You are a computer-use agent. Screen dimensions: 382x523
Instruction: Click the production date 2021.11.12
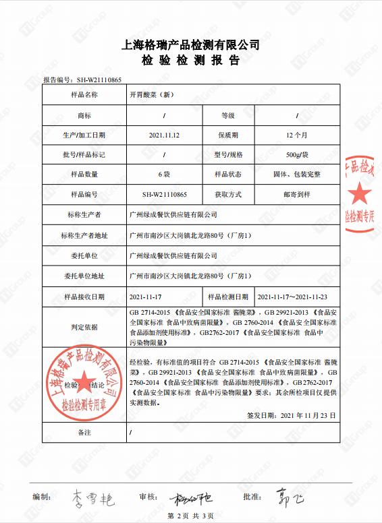point(164,135)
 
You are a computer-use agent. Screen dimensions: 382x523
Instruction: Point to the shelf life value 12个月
point(297,135)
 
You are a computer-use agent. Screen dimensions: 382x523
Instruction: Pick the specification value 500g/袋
point(297,154)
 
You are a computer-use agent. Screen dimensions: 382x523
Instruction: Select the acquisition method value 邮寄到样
point(297,194)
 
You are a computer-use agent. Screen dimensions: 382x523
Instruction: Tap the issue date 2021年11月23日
point(307,415)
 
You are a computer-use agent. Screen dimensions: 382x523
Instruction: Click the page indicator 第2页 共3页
point(191,516)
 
